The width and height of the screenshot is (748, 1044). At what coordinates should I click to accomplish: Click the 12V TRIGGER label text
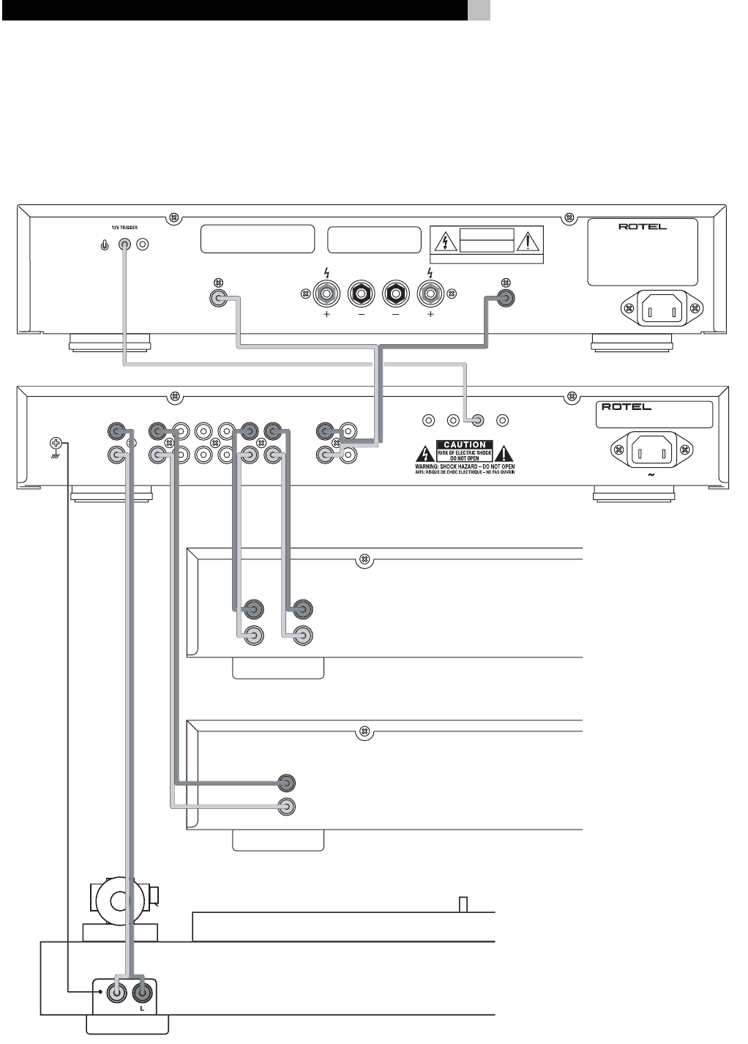119,228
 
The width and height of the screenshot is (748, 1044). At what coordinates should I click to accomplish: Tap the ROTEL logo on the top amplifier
643,227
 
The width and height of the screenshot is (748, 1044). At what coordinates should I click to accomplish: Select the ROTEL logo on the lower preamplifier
626,407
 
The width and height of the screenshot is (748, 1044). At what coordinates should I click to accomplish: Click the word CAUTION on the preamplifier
465,444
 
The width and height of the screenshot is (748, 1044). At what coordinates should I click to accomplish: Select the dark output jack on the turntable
143,993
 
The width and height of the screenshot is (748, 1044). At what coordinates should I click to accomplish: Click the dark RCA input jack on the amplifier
504,298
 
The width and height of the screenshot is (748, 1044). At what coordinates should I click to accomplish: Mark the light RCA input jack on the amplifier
217,298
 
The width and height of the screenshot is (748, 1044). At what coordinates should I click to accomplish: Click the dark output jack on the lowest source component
288,783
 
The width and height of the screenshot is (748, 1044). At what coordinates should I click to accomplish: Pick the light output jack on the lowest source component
288,807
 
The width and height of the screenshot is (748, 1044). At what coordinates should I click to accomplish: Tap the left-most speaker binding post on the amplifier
327,294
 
